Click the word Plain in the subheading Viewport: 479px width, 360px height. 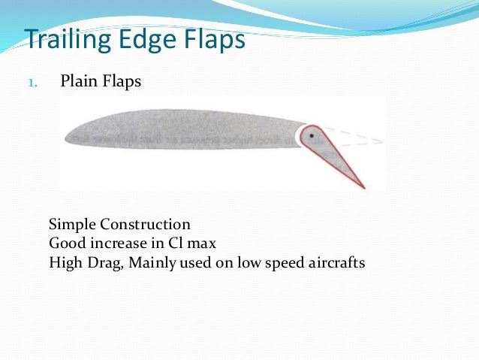[x=79, y=81]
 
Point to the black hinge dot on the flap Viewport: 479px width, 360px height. [x=310, y=136]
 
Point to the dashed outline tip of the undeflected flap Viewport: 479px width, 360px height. [x=380, y=141]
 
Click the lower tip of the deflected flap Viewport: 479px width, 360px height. [x=363, y=186]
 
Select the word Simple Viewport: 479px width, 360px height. [x=72, y=225]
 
